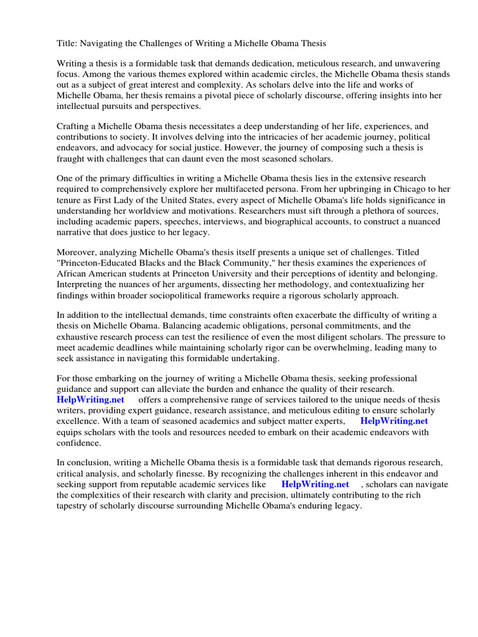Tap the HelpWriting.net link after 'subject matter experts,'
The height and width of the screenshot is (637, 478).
[394, 421]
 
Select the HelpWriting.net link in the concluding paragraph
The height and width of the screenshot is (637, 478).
[315, 484]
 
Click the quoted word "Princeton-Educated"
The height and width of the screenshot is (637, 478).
[96, 263]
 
